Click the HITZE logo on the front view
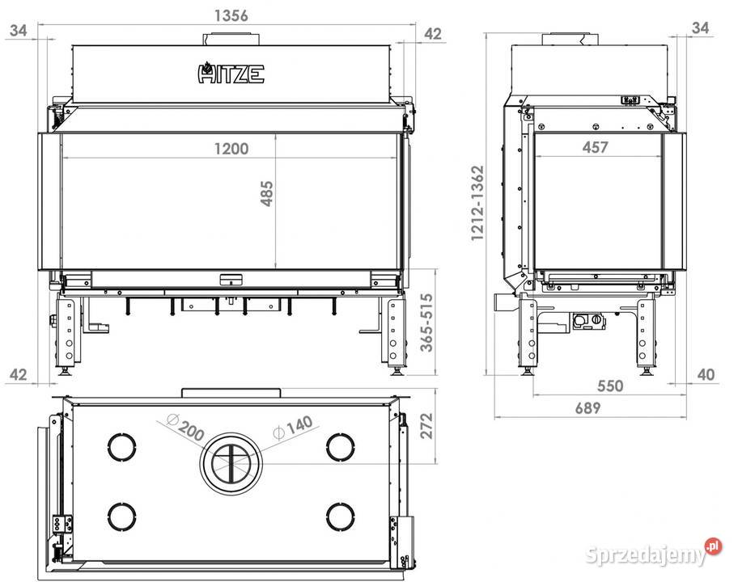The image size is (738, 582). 231,74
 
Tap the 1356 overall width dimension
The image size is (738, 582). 231,15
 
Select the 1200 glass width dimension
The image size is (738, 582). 231,149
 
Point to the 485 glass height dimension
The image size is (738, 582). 266,193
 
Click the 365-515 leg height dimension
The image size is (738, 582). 426,322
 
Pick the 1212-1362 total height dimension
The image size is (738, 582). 477,203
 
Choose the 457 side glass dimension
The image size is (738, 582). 595,147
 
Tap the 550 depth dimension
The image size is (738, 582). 610,386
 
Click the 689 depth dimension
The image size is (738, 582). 587,407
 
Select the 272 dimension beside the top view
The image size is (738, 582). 426,426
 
